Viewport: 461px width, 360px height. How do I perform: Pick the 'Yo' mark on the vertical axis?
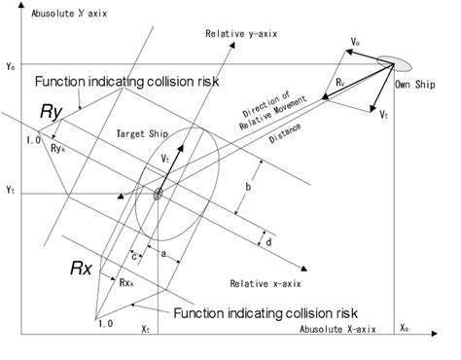10,65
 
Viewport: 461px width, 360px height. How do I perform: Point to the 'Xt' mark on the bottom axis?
145,332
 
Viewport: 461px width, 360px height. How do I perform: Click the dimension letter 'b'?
250,185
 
